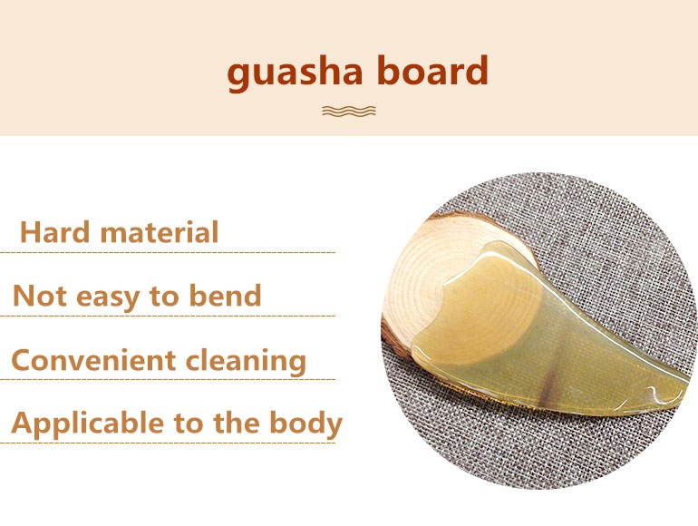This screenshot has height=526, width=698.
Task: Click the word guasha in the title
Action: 295,73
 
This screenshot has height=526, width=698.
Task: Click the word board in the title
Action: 432,70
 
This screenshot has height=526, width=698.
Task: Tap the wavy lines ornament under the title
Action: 349,111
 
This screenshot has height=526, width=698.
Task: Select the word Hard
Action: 54,231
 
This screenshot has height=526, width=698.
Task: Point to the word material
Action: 160,231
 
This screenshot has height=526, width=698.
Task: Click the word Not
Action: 40,296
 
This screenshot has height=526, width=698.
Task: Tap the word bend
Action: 225,295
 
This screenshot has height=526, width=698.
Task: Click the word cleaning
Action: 247,361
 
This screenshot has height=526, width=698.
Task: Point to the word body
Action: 305,424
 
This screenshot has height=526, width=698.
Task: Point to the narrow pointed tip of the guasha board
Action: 683,386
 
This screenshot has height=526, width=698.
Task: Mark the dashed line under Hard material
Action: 168,252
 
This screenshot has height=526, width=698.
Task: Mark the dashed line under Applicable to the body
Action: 168,443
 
